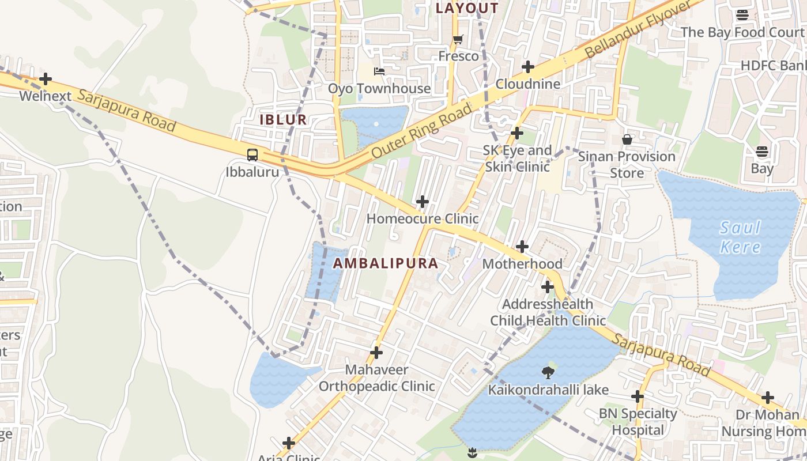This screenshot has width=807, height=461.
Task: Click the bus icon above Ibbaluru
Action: (x=252, y=155)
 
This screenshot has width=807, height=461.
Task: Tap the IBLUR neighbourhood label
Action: (x=283, y=120)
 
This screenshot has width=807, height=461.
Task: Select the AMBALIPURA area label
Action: (x=386, y=263)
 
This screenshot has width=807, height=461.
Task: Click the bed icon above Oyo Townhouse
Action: (x=379, y=71)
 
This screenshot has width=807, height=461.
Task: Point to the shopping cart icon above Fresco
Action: (x=458, y=40)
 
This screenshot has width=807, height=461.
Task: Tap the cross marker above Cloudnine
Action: (x=527, y=67)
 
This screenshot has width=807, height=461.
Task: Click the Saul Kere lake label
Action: (x=740, y=237)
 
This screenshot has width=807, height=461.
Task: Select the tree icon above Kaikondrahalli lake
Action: (x=548, y=373)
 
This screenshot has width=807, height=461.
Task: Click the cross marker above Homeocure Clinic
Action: (x=423, y=202)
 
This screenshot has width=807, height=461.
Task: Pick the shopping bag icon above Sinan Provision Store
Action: (x=627, y=139)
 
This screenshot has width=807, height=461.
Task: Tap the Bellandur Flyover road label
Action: (x=638, y=29)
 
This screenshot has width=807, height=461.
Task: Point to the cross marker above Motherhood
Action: (x=522, y=247)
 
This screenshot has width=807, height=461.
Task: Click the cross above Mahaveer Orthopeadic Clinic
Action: (x=376, y=353)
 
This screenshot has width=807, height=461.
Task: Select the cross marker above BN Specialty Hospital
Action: (x=638, y=396)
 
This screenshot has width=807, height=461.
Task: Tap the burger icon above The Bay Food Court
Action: (x=742, y=16)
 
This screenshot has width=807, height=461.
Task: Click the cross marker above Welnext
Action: (x=46, y=79)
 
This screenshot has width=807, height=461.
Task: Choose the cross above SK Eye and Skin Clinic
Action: (x=517, y=134)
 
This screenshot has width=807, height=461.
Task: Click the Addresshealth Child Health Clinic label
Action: (x=548, y=312)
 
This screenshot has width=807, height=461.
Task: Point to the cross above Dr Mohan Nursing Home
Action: (x=768, y=398)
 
